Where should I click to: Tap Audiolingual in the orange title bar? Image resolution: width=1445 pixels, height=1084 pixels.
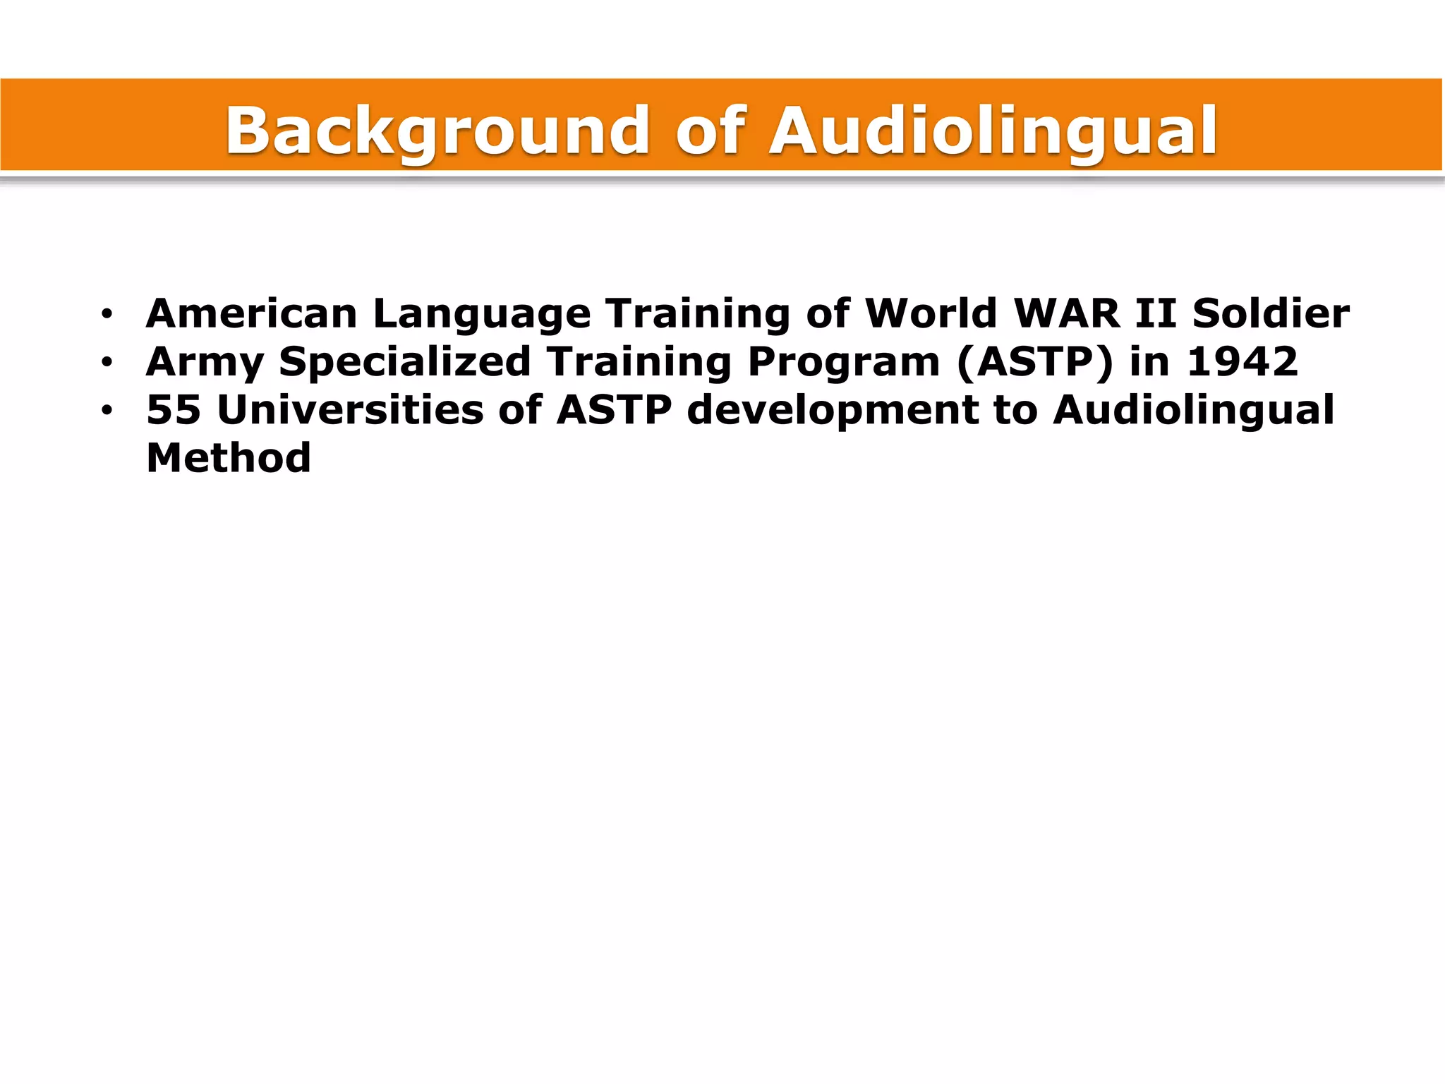click(x=993, y=131)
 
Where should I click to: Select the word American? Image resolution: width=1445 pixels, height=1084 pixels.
click(x=251, y=313)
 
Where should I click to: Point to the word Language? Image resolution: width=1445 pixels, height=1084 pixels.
click(x=481, y=315)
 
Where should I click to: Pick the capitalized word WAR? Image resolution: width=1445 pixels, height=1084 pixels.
click(x=1066, y=313)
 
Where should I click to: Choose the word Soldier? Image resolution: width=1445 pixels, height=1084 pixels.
click(x=1271, y=313)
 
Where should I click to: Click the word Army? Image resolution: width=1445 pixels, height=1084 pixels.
click(x=205, y=363)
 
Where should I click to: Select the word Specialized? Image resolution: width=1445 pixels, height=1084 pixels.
click(x=404, y=363)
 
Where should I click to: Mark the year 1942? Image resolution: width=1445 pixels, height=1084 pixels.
click(x=1242, y=361)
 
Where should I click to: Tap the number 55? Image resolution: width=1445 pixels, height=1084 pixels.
click(x=174, y=410)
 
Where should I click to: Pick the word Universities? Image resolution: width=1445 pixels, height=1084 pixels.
click(x=350, y=410)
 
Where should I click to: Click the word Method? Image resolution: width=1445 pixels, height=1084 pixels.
click(x=229, y=458)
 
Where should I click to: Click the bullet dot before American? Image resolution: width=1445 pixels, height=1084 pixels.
click(x=107, y=315)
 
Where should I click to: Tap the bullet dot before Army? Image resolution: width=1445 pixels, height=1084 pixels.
click(x=107, y=363)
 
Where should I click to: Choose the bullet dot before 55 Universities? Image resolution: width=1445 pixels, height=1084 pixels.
click(x=107, y=411)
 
